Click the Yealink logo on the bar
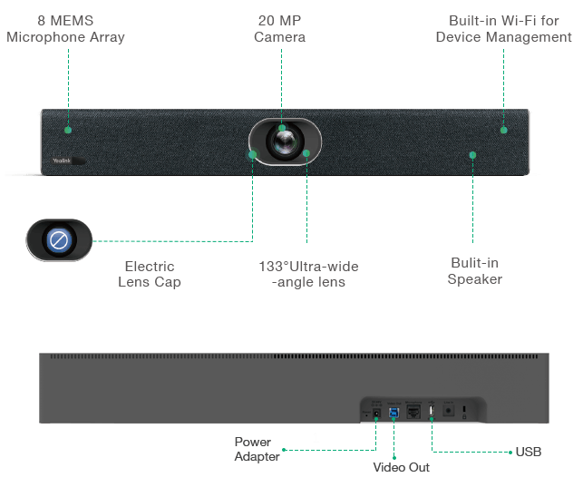pos(62,161)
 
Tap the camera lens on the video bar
pos(285,142)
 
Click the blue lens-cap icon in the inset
pos(59,240)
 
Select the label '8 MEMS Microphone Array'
pos(65,29)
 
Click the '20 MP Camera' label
pos(279,29)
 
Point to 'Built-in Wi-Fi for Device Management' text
pos(504,29)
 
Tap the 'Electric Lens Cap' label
pos(150,275)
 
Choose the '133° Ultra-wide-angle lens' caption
pos(308,275)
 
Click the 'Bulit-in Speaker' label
pos(475,271)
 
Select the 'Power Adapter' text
pos(257,449)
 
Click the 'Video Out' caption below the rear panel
pos(401,467)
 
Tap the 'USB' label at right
pos(529,452)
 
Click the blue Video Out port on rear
pos(394,413)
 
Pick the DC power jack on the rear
pos(376,413)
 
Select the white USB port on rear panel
pos(432,411)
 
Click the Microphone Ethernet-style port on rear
pos(413,412)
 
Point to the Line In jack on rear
pos(449,411)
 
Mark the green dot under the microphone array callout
pos(68,130)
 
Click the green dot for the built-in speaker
pos(472,155)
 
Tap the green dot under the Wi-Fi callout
pos(504,130)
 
